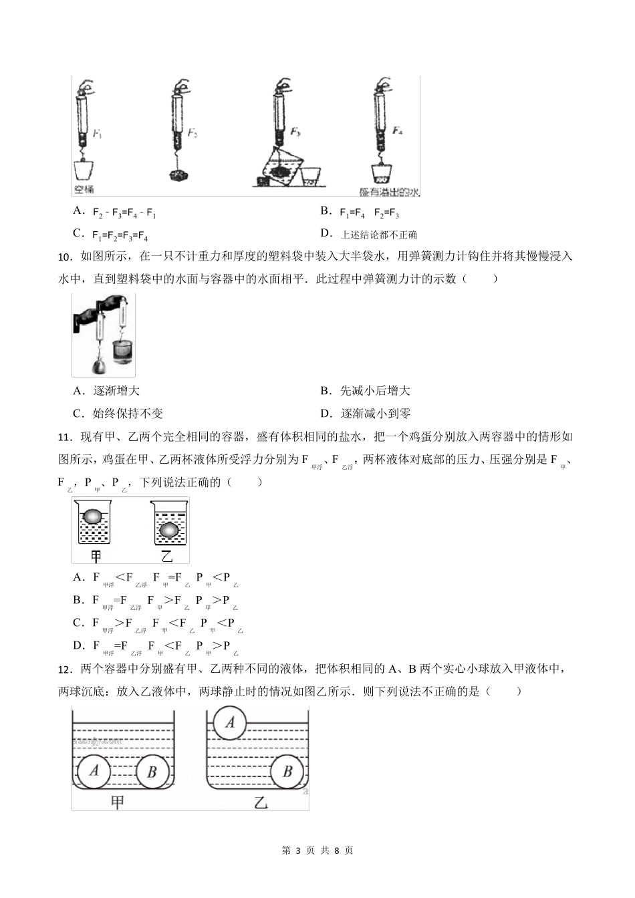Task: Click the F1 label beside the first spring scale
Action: [x=98, y=134]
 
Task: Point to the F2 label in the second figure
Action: [x=192, y=133]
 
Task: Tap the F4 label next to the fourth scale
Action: [x=398, y=130]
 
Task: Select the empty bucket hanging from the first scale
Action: [x=84, y=169]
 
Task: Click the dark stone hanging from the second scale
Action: [x=179, y=176]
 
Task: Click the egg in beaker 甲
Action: [x=93, y=518]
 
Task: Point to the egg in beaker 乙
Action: [x=167, y=530]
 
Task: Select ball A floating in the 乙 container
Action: [x=231, y=722]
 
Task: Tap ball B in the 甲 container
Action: [x=152, y=772]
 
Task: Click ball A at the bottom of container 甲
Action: [x=94, y=770]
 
